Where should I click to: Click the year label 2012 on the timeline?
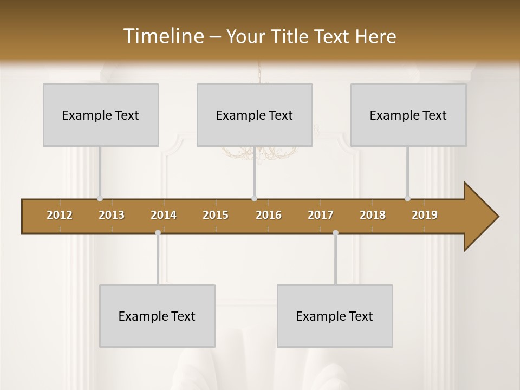tap(60, 215)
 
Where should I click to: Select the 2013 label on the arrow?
tap(112, 215)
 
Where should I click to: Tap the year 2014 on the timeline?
tap(164, 215)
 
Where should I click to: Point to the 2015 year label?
tap(216, 215)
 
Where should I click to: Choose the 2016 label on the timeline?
tap(269, 215)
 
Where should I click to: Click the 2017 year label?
tap(321, 215)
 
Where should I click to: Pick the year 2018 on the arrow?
tap(373, 215)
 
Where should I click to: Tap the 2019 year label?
tap(425, 215)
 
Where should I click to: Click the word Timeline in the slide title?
tap(162, 36)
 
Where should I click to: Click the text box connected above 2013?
tap(101, 115)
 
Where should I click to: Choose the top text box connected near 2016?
tap(255, 115)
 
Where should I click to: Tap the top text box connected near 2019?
tap(408, 115)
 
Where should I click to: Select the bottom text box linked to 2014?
tap(157, 316)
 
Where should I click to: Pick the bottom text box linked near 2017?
tap(335, 316)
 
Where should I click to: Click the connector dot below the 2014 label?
tap(158, 233)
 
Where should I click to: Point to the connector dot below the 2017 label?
tap(335, 233)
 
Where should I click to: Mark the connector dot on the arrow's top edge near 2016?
tap(254, 199)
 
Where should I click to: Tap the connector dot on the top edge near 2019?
tap(407, 199)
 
